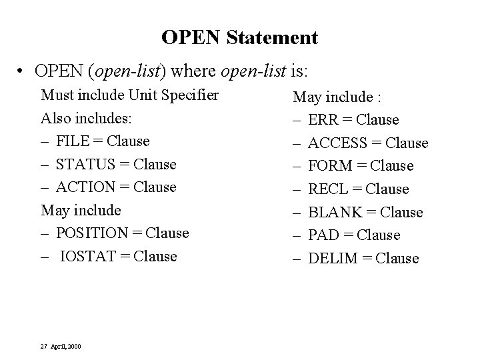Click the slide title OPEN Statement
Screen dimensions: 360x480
(x=239, y=37)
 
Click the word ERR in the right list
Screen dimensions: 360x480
(x=324, y=120)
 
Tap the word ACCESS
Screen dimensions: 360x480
(x=338, y=143)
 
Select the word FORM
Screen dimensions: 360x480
(x=331, y=166)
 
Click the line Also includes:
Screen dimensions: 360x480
(x=87, y=118)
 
